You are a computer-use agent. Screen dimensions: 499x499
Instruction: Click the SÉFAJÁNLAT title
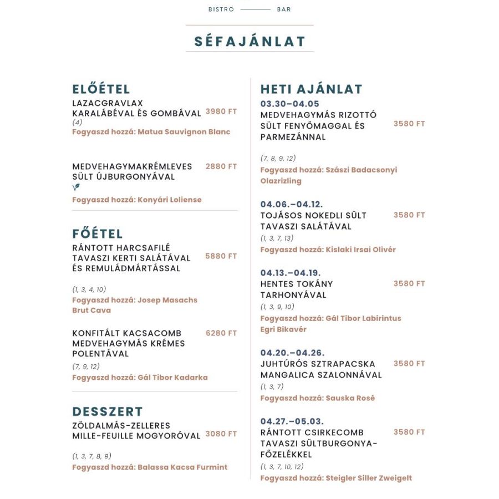249,42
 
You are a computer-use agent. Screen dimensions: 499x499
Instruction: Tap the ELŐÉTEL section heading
101,89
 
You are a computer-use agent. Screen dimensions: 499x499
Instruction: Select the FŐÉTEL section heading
98,233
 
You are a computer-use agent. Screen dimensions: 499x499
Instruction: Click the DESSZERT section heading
108,411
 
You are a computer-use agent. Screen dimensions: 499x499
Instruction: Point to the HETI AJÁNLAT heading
311,89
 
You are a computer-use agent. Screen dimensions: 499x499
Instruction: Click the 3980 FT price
221,111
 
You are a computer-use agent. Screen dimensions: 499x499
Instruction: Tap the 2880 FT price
221,166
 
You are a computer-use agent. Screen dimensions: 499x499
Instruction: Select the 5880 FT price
221,256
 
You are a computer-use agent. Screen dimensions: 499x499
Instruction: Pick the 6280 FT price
221,333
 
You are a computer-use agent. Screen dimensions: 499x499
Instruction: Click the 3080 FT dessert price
221,434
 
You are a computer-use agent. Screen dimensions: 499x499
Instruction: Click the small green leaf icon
76,187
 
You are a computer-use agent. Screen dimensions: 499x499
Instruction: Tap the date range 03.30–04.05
290,104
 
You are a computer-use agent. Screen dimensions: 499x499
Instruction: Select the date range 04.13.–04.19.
291,273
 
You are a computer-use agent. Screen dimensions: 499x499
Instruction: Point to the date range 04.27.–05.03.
292,421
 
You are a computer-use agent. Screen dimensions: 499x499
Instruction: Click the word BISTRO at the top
221,9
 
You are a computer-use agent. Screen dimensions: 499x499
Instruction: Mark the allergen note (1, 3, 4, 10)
89,289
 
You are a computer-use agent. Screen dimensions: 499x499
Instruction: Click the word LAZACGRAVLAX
108,103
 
